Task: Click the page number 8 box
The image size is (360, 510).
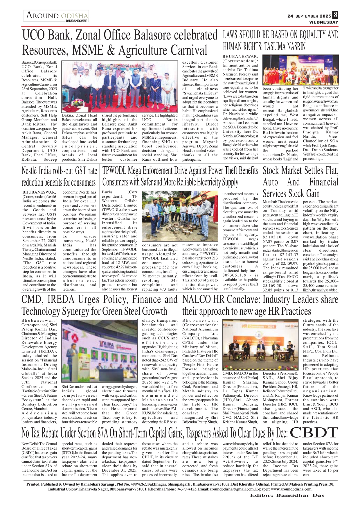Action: click(x=335, y=15)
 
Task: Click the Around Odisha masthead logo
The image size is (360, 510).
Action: click(x=56, y=16)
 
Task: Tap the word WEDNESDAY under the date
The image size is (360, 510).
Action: click(x=323, y=22)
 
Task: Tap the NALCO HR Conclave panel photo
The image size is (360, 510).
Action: click(x=260, y=344)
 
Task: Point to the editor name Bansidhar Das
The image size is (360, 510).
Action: click(x=300, y=495)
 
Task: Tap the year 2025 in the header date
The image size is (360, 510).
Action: click(x=325, y=16)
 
